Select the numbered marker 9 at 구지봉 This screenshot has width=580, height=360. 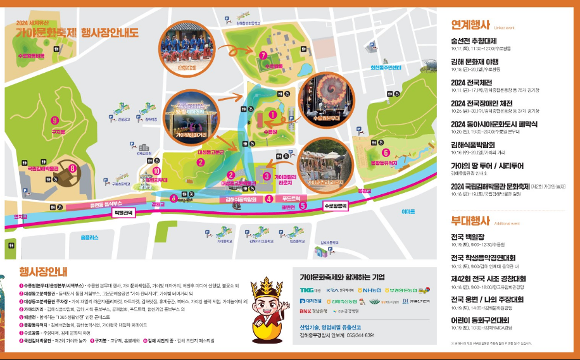(55, 121)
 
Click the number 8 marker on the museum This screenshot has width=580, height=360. (73, 168)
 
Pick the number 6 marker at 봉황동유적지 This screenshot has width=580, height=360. (385, 152)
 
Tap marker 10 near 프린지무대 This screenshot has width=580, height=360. (156, 170)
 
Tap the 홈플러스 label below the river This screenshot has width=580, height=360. (90, 237)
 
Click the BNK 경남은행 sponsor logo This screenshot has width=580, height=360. (314, 311)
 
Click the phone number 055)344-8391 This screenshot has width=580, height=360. (370, 335)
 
